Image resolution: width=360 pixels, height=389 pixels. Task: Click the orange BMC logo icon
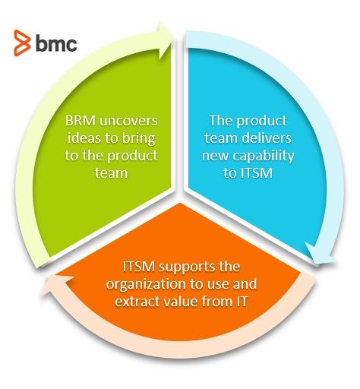(22, 43)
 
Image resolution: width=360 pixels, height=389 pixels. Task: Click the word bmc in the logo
(56, 44)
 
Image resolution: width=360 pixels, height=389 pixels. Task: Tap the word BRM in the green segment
(81, 121)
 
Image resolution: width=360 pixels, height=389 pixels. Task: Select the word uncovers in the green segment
(128, 121)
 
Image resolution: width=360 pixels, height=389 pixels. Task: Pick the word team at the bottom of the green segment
(111, 173)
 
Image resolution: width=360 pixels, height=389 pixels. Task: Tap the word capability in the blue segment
(264, 157)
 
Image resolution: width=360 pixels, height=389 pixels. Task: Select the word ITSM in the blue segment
(256, 173)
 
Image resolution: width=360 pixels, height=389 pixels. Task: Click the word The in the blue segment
(220, 121)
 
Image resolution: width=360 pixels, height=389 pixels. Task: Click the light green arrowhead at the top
(166, 41)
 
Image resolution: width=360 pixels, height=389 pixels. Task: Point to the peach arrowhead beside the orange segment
(58, 285)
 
